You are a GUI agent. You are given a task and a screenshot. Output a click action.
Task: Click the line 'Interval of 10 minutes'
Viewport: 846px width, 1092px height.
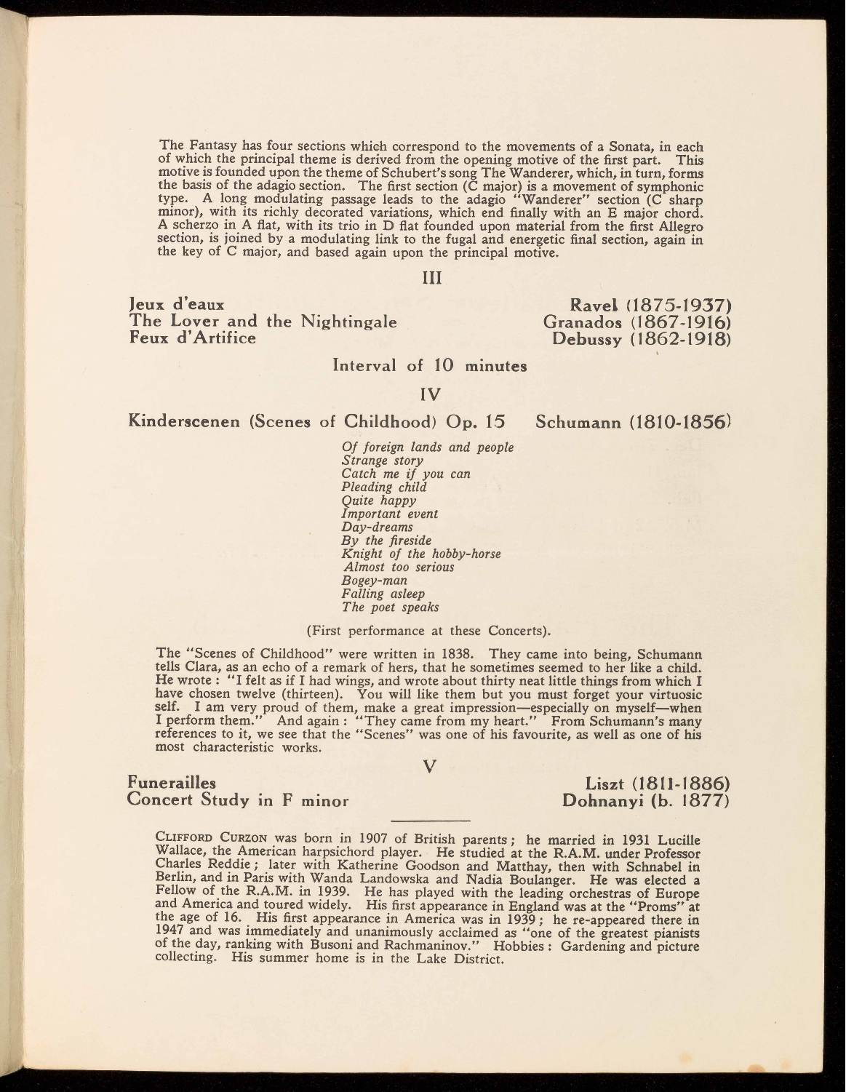click(429, 365)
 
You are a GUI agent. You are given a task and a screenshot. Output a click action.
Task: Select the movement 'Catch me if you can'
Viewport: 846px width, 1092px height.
click(396, 474)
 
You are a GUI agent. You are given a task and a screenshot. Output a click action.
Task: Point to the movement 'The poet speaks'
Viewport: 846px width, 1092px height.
click(391, 607)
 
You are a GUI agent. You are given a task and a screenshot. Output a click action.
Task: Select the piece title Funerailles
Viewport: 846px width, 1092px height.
click(172, 784)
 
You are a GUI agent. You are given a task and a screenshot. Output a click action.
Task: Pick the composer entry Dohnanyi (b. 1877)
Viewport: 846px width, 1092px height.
click(647, 802)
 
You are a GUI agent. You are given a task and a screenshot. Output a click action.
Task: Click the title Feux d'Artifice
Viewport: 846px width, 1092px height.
click(192, 338)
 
